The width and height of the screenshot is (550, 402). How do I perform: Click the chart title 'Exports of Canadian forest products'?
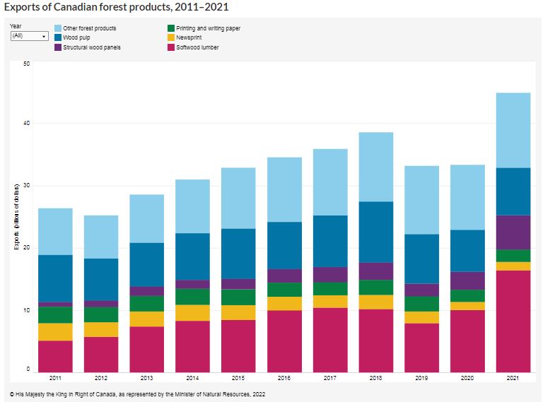(x=116, y=7)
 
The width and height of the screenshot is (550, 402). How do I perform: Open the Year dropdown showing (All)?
(x=29, y=35)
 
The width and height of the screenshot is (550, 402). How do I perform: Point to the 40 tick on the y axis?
(x=26, y=124)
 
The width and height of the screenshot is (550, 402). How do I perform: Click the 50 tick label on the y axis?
(x=26, y=64)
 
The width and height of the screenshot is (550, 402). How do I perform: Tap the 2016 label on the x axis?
(x=284, y=379)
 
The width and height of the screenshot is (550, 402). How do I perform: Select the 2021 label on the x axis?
(x=513, y=379)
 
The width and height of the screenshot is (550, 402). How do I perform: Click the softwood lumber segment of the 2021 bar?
(x=513, y=321)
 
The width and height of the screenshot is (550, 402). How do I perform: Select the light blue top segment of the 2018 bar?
(x=375, y=167)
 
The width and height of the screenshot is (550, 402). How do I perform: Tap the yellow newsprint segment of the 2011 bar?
(x=55, y=332)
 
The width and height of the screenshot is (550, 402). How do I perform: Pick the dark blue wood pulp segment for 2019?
(x=421, y=259)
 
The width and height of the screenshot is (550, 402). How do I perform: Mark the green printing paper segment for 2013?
(x=146, y=303)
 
